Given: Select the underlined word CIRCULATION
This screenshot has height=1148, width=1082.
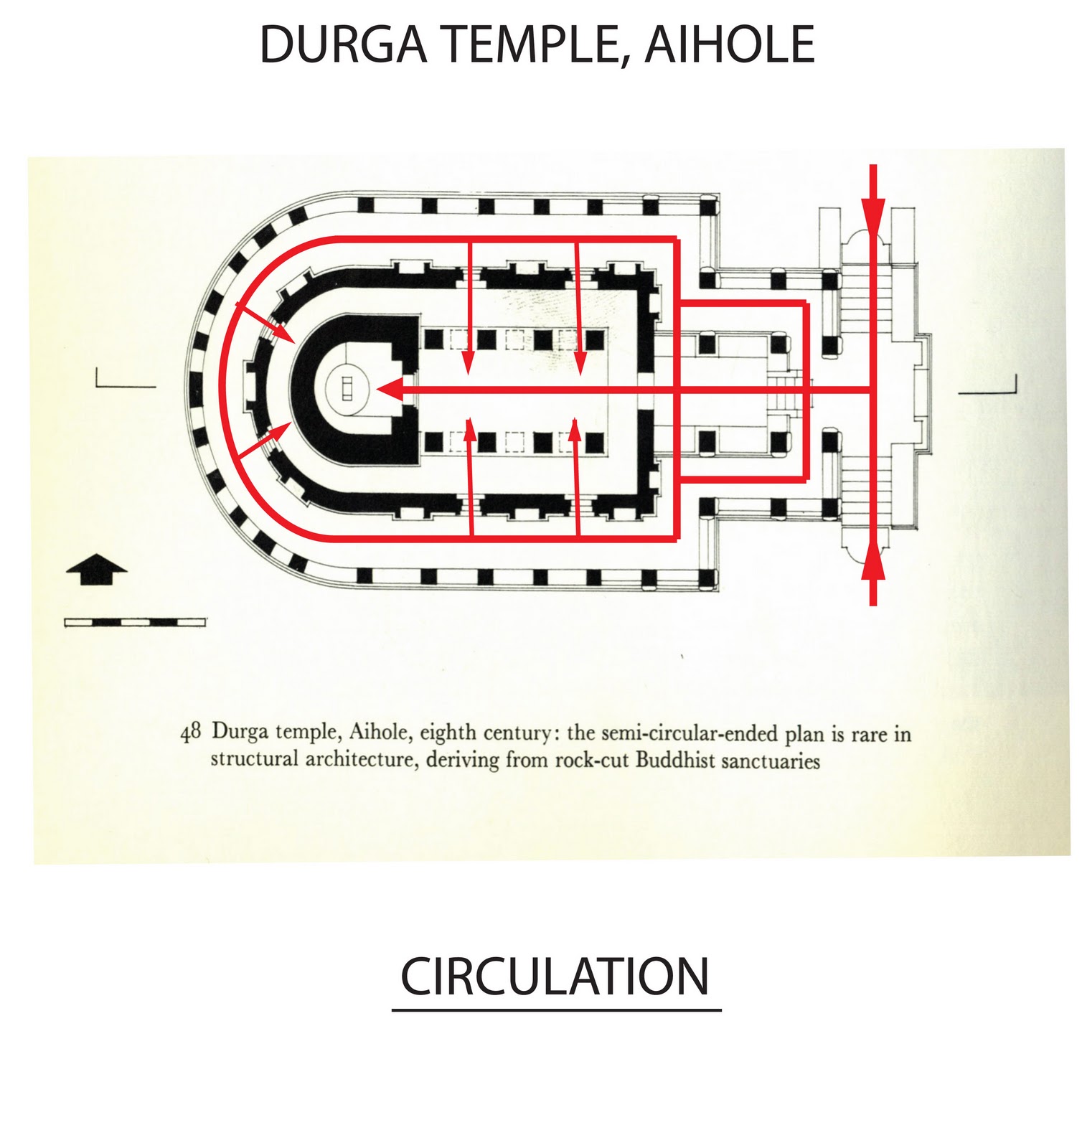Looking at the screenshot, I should [x=555, y=977].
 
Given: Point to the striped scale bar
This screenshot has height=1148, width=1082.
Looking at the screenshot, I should [x=135, y=622].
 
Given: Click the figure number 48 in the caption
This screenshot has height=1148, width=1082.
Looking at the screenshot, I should [x=191, y=733].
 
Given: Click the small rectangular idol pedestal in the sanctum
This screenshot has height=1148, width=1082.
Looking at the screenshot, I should [x=347, y=390].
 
